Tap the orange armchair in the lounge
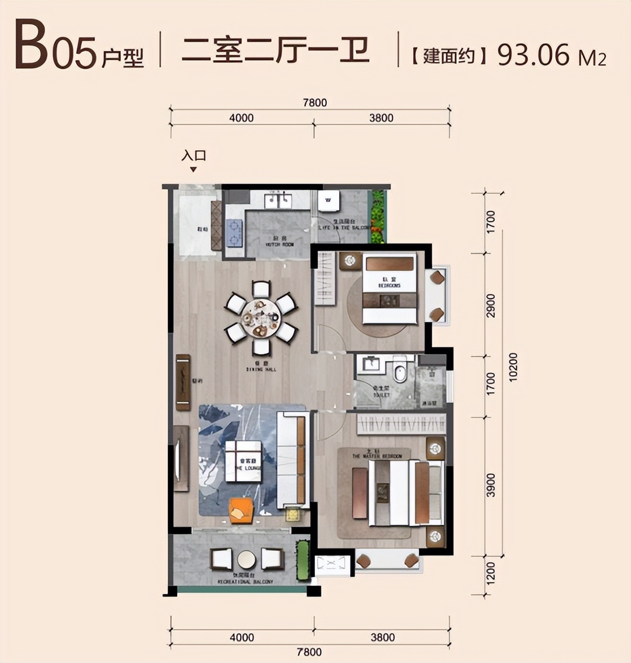[x=241, y=511]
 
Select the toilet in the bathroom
[x=399, y=371]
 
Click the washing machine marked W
[x=328, y=201]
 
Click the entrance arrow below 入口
[x=194, y=170]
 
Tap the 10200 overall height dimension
[x=513, y=366]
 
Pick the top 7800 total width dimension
[x=314, y=102]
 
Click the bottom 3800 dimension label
[x=383, y=637]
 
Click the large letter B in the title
[x=31, y=46]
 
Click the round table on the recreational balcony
[x=247, y=559]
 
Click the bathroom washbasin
[x=371, y=364]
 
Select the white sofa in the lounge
[x=292, y=460]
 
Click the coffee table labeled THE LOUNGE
[x=243, y=462]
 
